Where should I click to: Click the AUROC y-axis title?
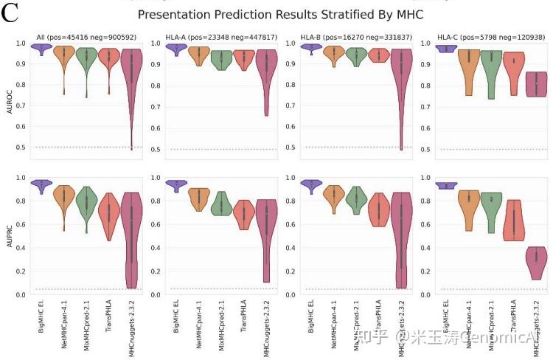(10, 96)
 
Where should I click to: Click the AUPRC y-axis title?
(10, 236)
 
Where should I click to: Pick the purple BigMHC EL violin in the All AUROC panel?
(42, 49)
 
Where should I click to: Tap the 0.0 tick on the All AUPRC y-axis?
(22, 294)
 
